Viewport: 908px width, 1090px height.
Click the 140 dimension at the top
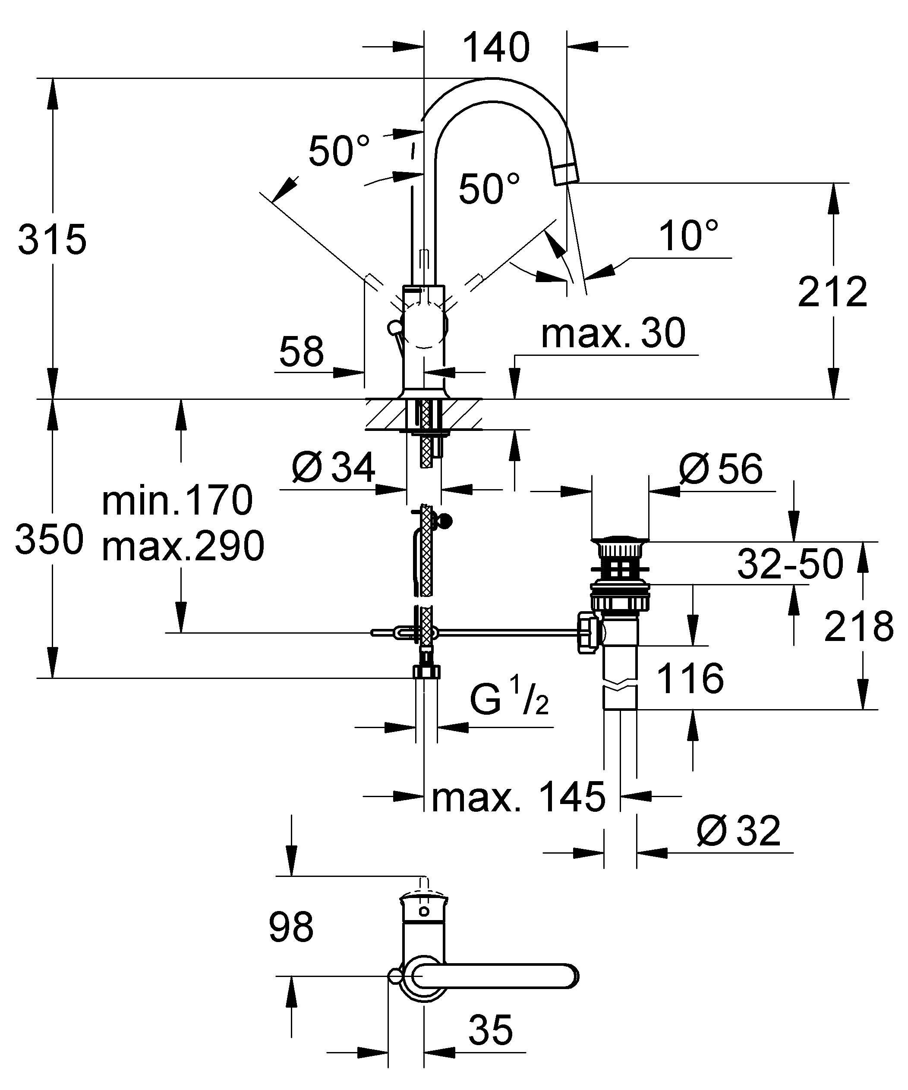click(x=496, y=48)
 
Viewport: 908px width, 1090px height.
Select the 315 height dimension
click(x=52, y=240)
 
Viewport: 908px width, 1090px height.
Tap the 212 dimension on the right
click(x=832, y=292)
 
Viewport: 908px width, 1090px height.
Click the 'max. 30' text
click(x=613, y=333)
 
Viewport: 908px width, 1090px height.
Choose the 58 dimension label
click(x=301, y=352)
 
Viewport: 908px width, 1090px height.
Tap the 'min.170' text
click(x=177, y=500)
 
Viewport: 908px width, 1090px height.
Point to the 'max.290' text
click(x=183, y=546)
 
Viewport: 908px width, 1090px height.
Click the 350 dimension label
click(x=49, y=539)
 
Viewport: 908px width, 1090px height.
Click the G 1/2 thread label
click(x=509, y=700)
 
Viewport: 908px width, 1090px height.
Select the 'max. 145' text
click(x=518, y=797)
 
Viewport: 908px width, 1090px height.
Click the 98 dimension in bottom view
click(x=291, y=927)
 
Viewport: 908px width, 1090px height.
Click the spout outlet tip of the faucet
click(x=566, y=173)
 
